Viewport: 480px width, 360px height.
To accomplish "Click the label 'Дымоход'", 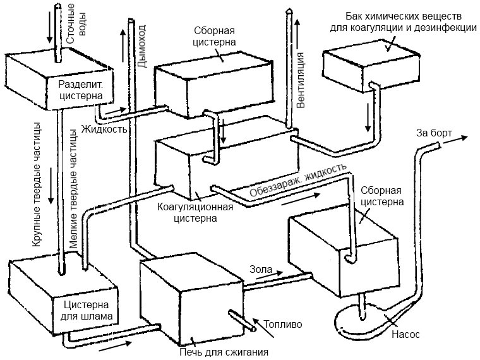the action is pos(141,46).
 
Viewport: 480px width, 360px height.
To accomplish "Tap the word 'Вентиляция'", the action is pos(301,80).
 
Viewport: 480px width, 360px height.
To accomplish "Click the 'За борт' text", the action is pos(434,133).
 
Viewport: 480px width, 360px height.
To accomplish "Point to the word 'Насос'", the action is pos(405,334).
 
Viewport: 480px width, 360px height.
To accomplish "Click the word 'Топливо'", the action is pos(282,324).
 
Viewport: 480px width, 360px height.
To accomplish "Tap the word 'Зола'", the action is pos(261,269).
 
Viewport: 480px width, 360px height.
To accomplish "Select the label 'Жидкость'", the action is pos(104,129).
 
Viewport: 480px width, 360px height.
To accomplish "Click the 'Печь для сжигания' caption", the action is pos(224,352).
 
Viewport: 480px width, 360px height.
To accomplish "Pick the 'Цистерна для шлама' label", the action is pos(87,310).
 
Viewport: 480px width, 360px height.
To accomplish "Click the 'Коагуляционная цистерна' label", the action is pos(195,213).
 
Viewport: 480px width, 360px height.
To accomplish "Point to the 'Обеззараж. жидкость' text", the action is pos(298,179).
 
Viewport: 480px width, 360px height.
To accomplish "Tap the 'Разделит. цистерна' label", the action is pos(80,90).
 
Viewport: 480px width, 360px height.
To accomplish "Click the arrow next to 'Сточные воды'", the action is pos(50,28).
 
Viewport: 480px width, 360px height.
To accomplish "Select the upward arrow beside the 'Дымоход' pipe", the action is pos(123,45).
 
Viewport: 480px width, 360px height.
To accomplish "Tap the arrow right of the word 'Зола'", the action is pos(270,275).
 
